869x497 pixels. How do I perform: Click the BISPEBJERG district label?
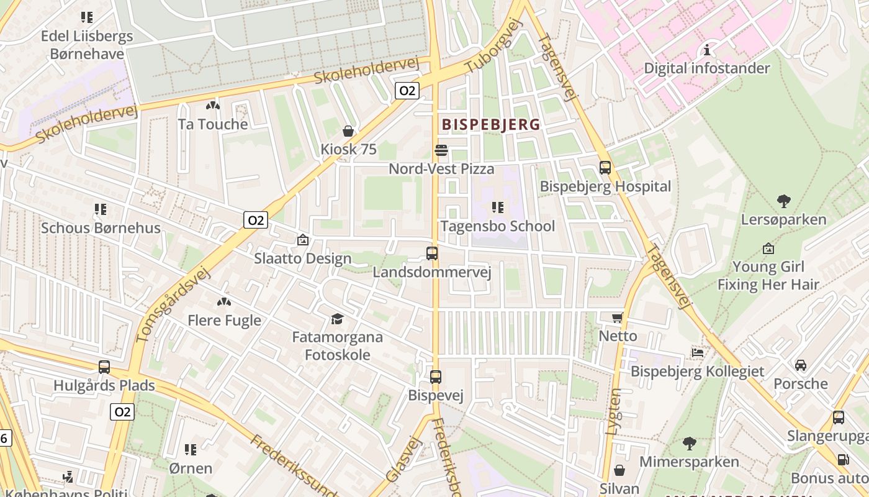coord(491,125)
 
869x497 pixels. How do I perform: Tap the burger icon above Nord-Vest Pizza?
coord(441,150)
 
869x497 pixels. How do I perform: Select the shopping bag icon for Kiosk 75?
coord(348,131)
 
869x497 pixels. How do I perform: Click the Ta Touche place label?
coord(213,124)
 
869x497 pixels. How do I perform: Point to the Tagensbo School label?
coord(498,226)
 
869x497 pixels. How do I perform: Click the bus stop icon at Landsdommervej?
coord(432,253)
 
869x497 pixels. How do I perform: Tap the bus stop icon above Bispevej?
coord(436,376)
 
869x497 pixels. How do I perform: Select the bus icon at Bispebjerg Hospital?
coord(605,168)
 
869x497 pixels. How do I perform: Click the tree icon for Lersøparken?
coord(784,201)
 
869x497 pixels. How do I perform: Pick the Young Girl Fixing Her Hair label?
coord(768,276)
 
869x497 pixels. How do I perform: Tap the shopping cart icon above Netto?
coord(618,317)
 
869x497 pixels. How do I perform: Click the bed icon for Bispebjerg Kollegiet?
coord(698,353)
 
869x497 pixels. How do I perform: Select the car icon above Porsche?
coord(801,365)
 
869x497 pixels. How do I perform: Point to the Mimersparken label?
coord(689,462)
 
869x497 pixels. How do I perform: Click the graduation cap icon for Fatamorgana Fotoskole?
coord(337,319)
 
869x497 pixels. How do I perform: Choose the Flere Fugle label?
coord(224,321)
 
